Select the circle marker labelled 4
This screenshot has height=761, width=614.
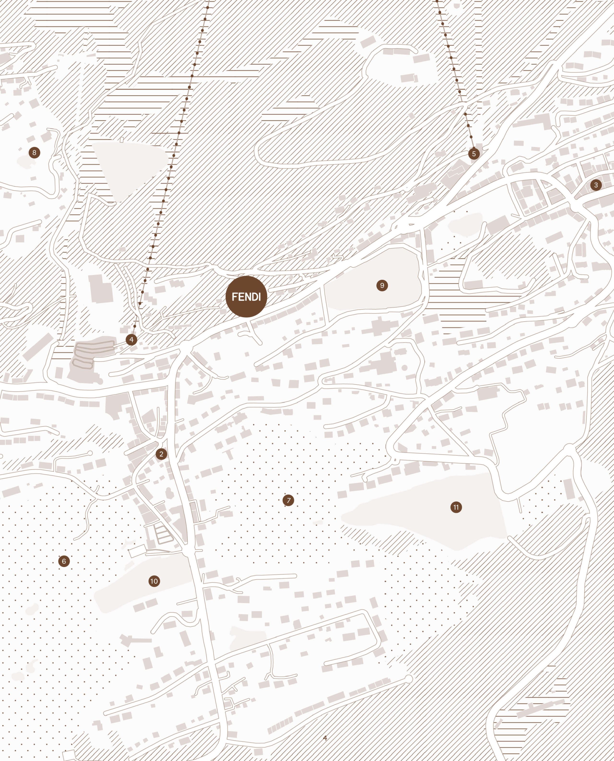point(131,340)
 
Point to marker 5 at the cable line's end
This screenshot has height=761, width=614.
point(474,154)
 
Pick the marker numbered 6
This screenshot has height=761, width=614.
point(64,561)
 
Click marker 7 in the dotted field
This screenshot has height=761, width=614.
point(288,500)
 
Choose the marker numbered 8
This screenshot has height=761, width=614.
point(34,152)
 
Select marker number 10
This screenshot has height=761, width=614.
point(154,581)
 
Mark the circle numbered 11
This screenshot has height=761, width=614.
point(456,507)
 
